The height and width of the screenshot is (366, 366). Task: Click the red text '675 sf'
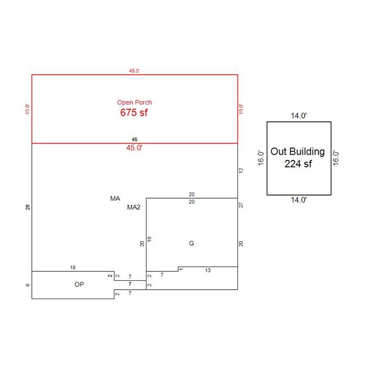coord(134,112)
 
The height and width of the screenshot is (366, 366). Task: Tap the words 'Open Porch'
coord(134,102)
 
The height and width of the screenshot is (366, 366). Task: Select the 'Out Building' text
coord(298,152)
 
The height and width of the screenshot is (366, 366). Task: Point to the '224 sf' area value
coord(298,164)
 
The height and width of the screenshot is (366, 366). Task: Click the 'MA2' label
coord(134,207)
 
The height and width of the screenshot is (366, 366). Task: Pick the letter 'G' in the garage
coord(191,243)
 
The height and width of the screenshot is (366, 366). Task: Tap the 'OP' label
coord(79,284)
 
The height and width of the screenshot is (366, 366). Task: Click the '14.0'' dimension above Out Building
coord(299,116)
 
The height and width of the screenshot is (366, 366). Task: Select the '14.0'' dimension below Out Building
coord(299,200)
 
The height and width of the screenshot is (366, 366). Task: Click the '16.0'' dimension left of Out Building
coord(261,158)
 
